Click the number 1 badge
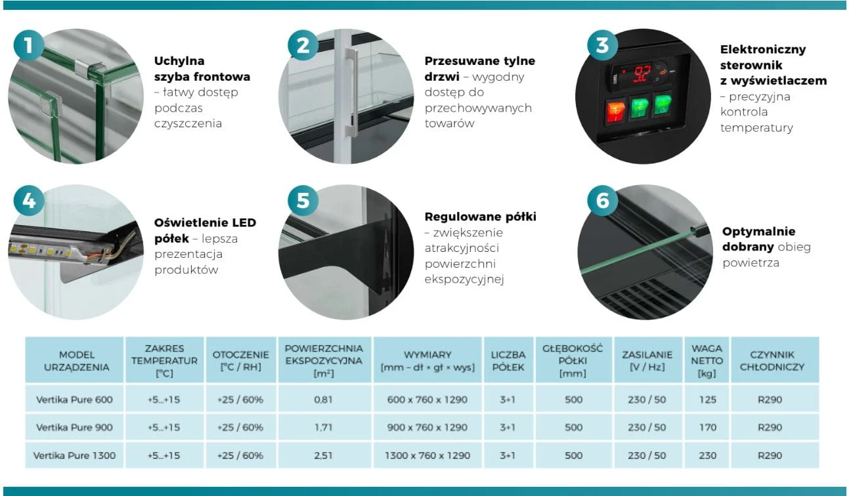(x=29, y=45)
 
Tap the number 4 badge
(x=29, y=201)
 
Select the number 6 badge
(x=603, y=201)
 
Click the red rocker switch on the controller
(x=616, y=112)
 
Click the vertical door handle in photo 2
(x=352, y=93)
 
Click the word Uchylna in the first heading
(x=179, y=60)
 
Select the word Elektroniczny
(x=762, y=50)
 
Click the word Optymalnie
(x=758, y=232)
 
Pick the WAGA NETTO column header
(x=707, y=360)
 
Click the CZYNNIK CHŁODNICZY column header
(x=772, y=360)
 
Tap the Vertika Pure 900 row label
(x=74, y=428)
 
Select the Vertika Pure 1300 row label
(x=74, y=455)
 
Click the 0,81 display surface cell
(x=323, y=400)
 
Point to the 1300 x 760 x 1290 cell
(x=427, y=455)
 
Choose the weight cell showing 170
(x=707, y=428)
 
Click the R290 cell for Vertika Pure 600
(x=770, y=400)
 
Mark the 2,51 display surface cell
(x=323, y=455)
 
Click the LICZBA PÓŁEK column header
(x=508, y=360)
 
